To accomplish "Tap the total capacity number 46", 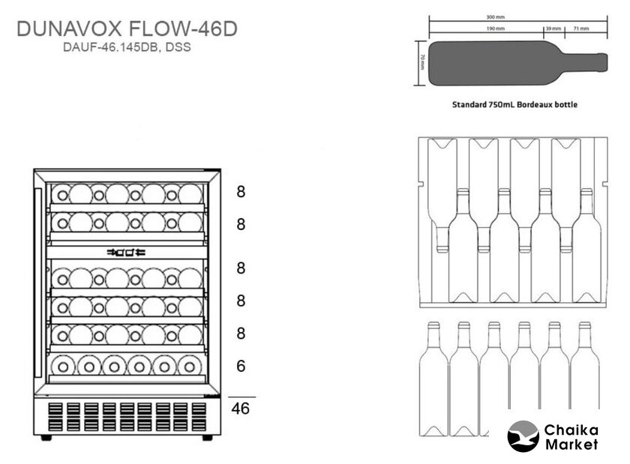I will pos(241,409).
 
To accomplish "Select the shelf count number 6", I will pos(241,366).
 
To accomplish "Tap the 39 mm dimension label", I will pos(553,28).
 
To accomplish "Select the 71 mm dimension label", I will pos(580,28).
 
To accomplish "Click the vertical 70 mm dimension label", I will pos(422,62).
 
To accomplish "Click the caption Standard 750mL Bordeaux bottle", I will pos(514,105).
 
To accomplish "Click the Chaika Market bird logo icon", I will pos(523,436).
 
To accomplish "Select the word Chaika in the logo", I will pos(571,430).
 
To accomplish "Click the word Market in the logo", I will pos(571,445).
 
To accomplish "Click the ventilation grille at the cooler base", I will pos(124,417).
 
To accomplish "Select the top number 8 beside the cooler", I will pos(241,191).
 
